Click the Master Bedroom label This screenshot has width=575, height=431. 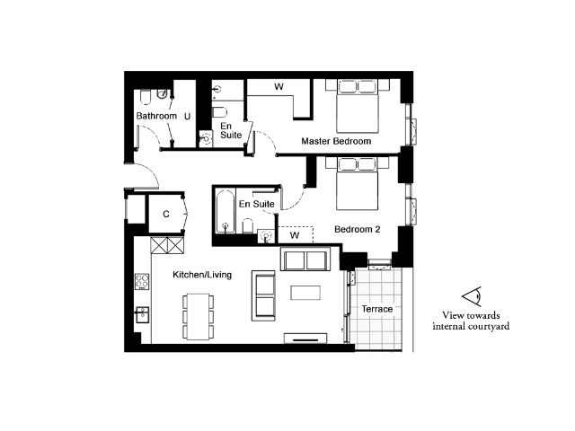(336, 141)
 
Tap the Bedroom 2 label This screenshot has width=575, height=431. (358, 230)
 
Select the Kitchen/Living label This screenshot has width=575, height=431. (202, 275)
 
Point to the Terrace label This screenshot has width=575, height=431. (377, 309)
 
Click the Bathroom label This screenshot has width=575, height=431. (156, 116)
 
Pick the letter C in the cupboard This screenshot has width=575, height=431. (166, 214)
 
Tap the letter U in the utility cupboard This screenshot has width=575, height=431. (188, 117)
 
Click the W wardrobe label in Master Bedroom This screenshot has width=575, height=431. (279, 87)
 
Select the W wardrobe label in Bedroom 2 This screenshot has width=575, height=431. (295, 235)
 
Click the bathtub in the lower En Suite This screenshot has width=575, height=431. (225, 212)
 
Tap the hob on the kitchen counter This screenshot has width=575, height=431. (142, 281)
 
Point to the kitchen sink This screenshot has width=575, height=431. (142, 315)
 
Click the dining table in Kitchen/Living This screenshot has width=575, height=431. (198, 317)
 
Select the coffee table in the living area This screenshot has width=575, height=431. (305, 293)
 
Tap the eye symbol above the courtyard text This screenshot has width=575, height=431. (472, 296)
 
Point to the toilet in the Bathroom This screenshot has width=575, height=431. (146, 97)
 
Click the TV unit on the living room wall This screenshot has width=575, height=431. (305, 339)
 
